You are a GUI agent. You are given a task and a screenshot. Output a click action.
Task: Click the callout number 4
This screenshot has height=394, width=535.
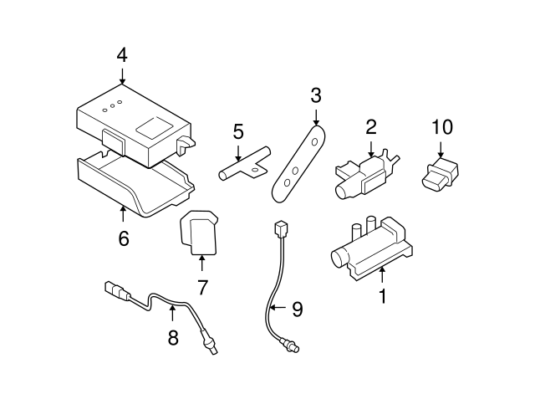[x=122, y=56]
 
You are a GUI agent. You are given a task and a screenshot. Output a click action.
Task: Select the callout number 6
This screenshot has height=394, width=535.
[x=123, y=238]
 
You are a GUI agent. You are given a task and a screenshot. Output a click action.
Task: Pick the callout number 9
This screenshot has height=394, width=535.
[x=296, y=309]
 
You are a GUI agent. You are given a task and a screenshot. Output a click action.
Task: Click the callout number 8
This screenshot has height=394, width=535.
[x=173, y=337]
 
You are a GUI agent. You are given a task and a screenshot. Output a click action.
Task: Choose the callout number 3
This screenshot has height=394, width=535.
[x=315, y=95]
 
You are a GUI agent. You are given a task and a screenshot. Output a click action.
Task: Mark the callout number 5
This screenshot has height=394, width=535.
[x=238, y=131]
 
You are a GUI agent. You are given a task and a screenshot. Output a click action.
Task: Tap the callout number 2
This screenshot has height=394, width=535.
[x=370, y=127]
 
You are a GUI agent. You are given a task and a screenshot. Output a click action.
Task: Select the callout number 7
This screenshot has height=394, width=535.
[x=201, y=286]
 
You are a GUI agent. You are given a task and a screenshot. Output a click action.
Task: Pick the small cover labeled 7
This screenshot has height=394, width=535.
[x=200, y=232]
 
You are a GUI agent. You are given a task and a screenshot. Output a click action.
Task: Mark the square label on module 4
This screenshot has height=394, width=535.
[x=152, y=127]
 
